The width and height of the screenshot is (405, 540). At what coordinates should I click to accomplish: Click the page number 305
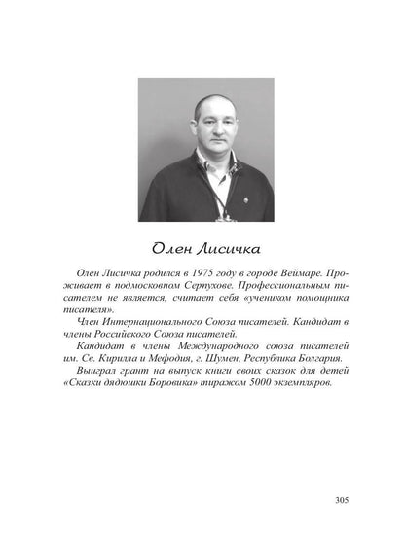pyautogui.click(x=340, y=500)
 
